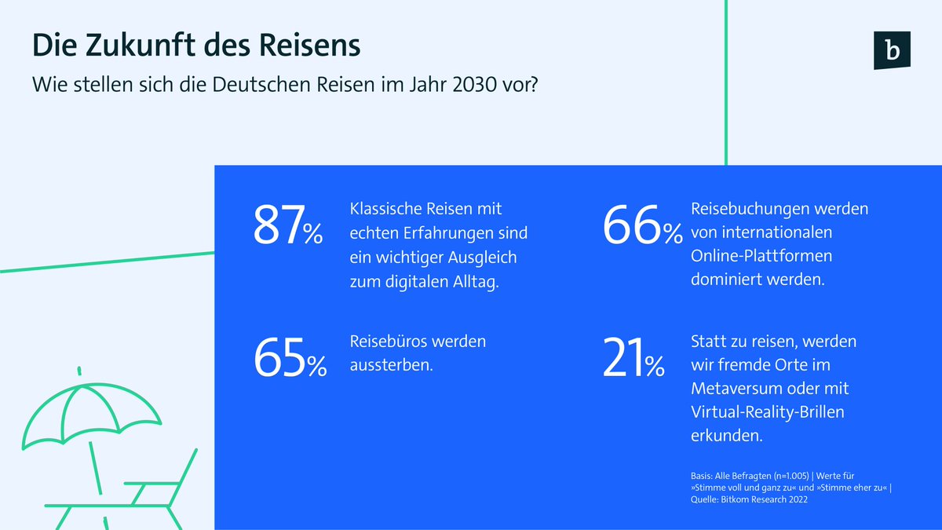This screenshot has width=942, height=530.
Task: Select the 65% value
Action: pos(289,358)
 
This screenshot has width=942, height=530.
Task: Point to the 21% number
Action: pos(633,358)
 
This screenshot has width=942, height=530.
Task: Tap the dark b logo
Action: pos(892,51)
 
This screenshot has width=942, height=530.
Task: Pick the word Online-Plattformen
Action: pos(761,256)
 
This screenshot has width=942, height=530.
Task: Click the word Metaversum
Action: pos(736,389)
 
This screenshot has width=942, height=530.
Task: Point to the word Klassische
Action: pos(388,210)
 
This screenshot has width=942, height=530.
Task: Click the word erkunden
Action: pos(726,436)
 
